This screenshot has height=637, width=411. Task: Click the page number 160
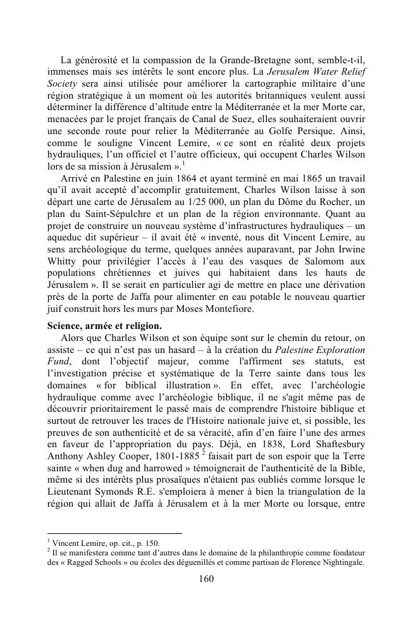205,578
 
